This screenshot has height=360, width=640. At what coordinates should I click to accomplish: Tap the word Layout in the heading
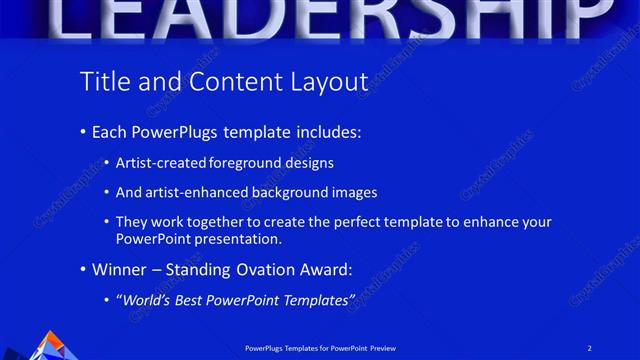point(328,81)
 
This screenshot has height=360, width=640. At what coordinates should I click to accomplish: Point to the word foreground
point(246,162)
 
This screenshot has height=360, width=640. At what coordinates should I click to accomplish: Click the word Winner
point(118,270)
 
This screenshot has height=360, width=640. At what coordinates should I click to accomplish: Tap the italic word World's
point(147,300)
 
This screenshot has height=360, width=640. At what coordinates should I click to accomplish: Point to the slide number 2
point(590,347)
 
